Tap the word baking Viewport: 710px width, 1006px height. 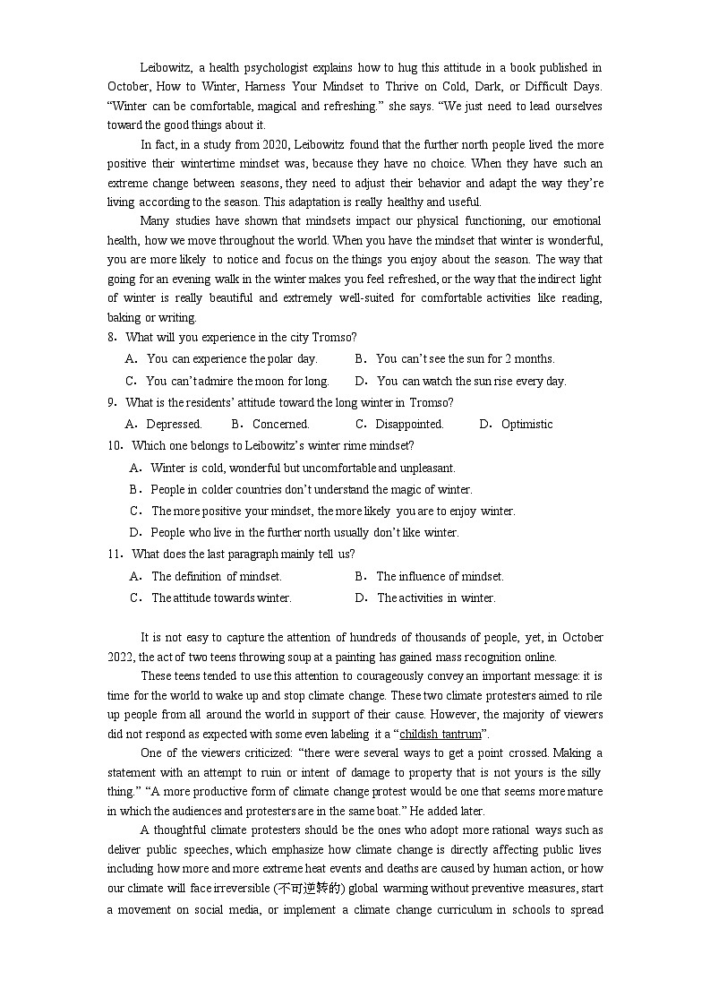tap(124, 317)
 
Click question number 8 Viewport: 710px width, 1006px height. tap(112, 337)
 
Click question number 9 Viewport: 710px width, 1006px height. tap(112, 402)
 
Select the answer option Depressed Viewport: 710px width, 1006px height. tap(174, 424)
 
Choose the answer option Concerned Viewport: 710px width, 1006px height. tap(280, 424)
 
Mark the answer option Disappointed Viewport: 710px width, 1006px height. tap(409, 424)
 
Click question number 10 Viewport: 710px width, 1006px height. tap(115, 445)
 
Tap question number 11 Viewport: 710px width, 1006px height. tap(115, 554)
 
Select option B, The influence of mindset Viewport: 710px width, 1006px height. tap(440, 576)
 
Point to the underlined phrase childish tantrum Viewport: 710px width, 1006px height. tap(440, 734)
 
